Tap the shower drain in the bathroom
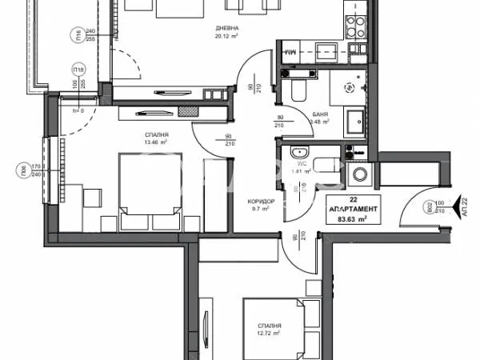click(x=348, y=88)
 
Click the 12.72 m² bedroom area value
click(x=270, y=334)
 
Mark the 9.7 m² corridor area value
click(x=261, y=209)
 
